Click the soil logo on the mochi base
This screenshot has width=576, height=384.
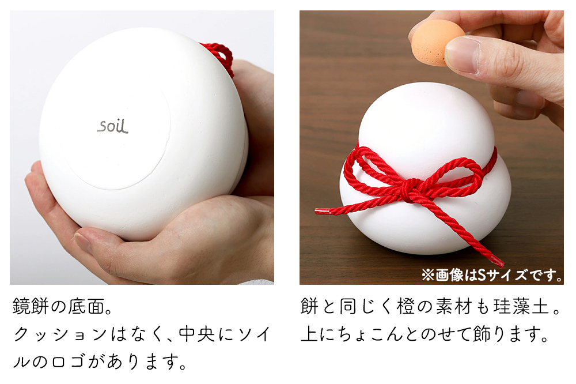click(113, 125)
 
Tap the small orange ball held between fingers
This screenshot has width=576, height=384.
click(437, 42)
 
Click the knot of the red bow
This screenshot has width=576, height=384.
click(410, 190)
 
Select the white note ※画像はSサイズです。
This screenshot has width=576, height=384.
click(492, 274)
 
